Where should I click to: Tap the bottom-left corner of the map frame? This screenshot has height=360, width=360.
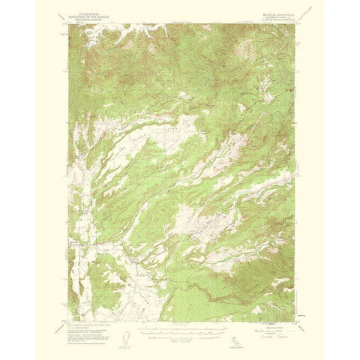point(68,320)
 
